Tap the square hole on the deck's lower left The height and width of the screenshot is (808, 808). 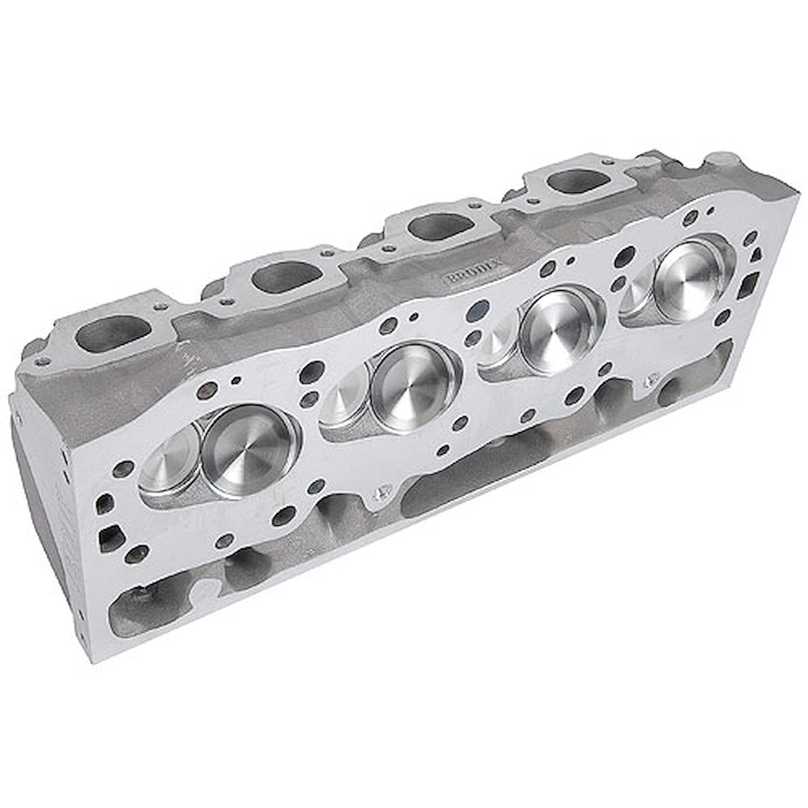pyautogui.click(x=110, y=533)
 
